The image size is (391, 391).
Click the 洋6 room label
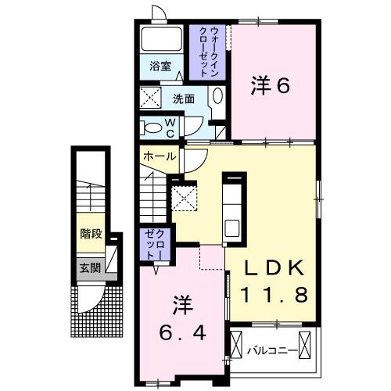click(270, 84)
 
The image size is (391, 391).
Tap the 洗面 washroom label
click(185, 99)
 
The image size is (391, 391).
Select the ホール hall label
click(158, 157)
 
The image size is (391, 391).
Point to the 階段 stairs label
click(91, 232)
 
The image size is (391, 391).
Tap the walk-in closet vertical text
click(207, 49)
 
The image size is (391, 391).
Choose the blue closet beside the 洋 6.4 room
click(152, 244)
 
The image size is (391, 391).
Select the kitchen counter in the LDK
click(234, 208)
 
